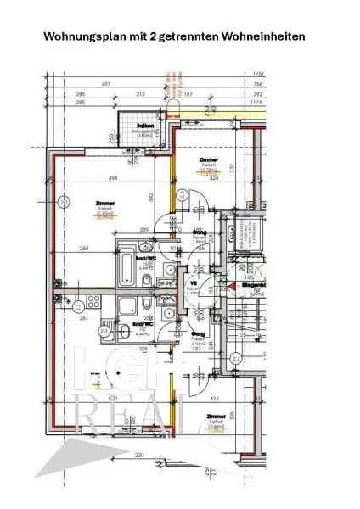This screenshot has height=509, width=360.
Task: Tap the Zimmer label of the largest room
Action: point(106,204)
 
